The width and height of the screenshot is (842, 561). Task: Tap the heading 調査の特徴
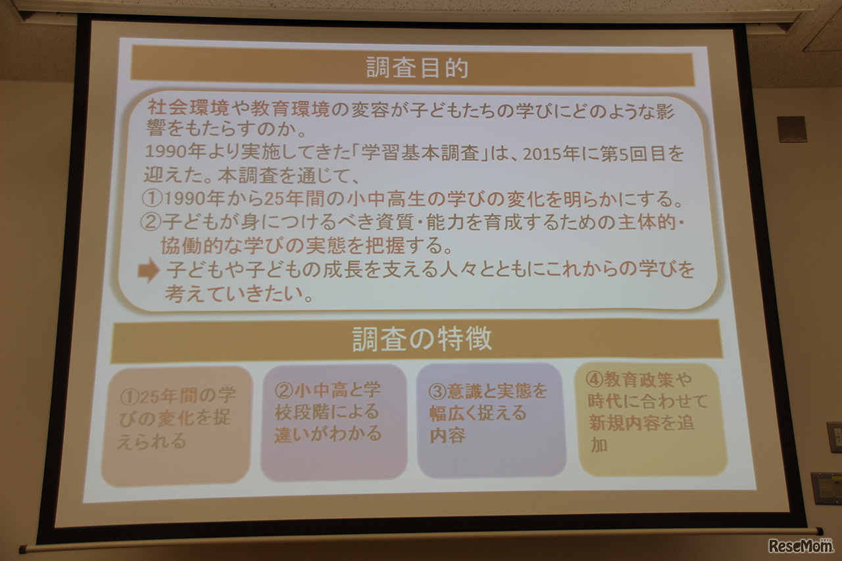422,339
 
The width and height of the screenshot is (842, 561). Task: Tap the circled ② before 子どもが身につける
152,222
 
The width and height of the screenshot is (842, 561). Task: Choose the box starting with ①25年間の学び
176,425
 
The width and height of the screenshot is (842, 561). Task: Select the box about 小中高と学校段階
333,422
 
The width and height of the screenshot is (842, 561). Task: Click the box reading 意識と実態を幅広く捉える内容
491,419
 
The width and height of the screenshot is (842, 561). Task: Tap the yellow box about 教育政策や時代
651,418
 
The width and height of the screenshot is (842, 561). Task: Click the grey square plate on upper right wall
791,129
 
